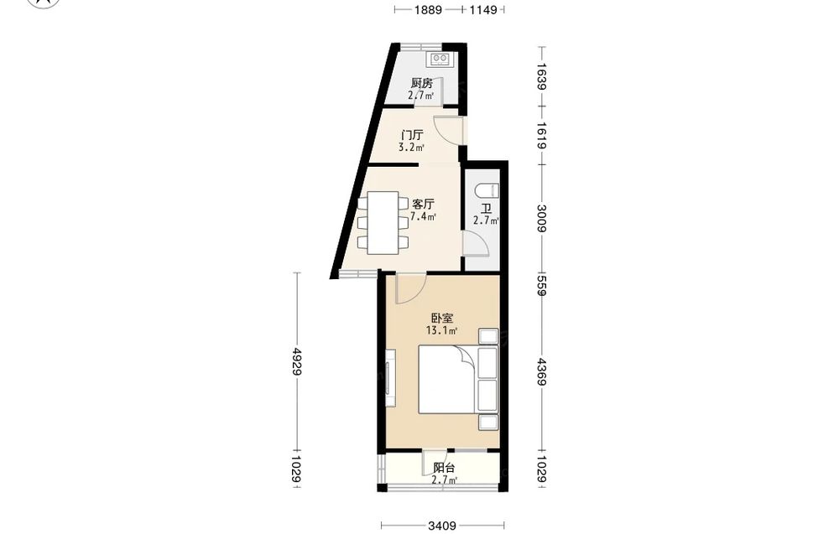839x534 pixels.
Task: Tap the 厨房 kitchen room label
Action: (422, 83)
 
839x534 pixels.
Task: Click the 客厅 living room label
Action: (423, 205)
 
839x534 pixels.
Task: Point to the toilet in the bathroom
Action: (487, 190)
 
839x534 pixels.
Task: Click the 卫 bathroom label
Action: (486, 209)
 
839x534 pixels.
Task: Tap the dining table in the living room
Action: (383, 222)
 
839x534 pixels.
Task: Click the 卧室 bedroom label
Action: (442, 319)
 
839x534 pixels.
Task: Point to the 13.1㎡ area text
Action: (441, 330)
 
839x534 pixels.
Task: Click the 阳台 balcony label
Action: (444, 469)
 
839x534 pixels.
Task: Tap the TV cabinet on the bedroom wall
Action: (391, 378)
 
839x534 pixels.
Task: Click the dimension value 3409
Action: (442, 526)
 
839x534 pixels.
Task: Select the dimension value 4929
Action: (297, 362)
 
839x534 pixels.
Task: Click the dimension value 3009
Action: (541, 219)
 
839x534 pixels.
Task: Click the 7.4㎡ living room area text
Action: (423, 216)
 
